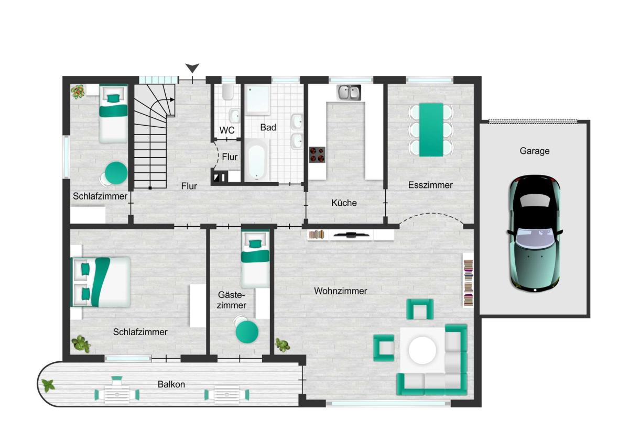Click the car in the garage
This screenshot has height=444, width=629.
pyautogui.click(x=535, y=234)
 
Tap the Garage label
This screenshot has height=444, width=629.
pyautogui.click(x=534, y=151)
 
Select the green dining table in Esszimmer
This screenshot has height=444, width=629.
pyautogui.click(x=431, y=130)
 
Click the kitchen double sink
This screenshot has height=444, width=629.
pyautogui.click(x=349, y=93)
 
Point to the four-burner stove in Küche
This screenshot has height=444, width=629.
pyautogui.click(x=317, y=154)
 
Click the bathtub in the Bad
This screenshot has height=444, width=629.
pyautogui.click(x=257, y=160)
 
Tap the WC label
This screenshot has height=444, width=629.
pyautogui.click(x=227, y=130)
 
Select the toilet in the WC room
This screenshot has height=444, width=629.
pyautogui.click(x=227, y=92)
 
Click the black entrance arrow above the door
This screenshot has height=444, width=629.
pyautogui.click(x=192, y=68)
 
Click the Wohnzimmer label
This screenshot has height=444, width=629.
pyautogui.click(x=340, y=291)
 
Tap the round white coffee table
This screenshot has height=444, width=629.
pyautogui.click(x=422, y=350)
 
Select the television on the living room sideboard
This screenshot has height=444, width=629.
pyautogui.click(x=350, y=235)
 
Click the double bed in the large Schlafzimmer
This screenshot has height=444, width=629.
pyautogui.click(x=102, y=282)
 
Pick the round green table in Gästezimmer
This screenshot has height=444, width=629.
pyautogui.click(x=247, y=332)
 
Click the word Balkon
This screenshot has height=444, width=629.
pyautogui.click(x=171, y=384)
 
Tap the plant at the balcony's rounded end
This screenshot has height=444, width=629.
pyautogui.click(x=48, y=386)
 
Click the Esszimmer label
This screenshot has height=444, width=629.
pyautogui.click(x=430, y=185)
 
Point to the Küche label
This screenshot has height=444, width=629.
pyautogui.click(x=344, y=203)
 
